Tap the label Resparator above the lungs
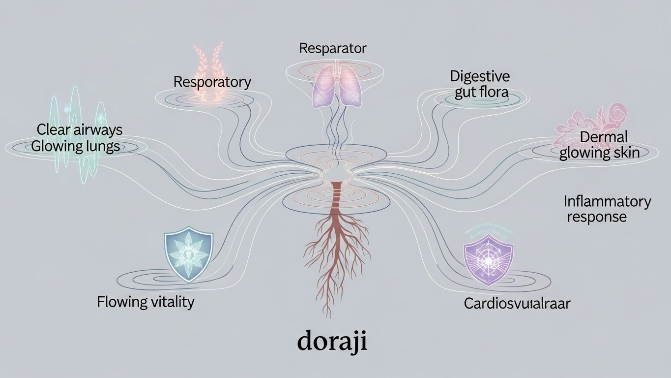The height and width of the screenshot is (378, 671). tap(333, 48)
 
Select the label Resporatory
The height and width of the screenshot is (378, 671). tap(212, 82)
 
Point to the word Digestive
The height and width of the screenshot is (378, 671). tap(480, 76)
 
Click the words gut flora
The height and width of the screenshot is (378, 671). tap(481, 92)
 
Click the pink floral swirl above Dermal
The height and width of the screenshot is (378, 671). tap(589, 119)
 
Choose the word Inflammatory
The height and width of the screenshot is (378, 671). tap(607, 201)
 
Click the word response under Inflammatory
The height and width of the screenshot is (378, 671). tap(597, 217)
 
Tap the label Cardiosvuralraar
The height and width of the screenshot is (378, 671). tap(517, 303)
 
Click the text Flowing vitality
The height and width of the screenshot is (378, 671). tap(146, 301)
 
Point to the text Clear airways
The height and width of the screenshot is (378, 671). tap(79, 130)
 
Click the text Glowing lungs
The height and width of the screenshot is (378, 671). tap(75, 146)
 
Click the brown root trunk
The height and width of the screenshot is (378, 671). tap(335, 202)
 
